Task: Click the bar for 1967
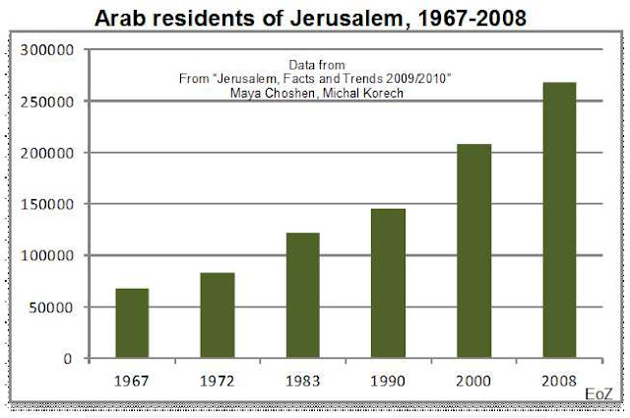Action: pyautogui.click(x=132, y=323)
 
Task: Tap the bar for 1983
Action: pyautogui.click(x=302, y=296)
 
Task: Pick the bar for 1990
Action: pyautogui.click(x=388, y=284)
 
